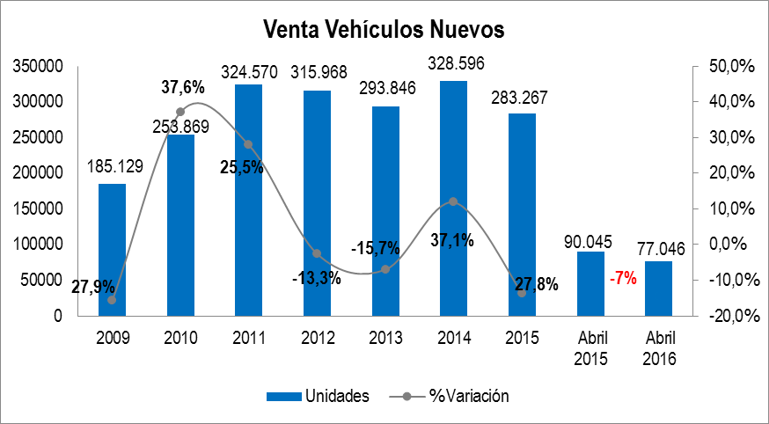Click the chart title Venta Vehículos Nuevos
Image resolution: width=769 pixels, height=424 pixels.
384,29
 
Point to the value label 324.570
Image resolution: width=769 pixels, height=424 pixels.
249,72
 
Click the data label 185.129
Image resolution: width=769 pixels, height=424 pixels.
112,164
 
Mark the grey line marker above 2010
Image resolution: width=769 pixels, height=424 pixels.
180,112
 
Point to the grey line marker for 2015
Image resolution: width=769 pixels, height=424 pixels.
522,293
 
